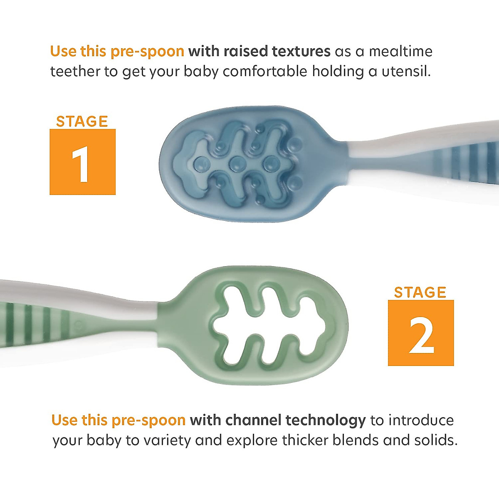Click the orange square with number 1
82,162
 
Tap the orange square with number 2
420,333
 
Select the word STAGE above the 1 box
82,121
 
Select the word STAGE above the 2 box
420,292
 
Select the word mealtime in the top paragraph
401,52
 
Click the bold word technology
326,421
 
